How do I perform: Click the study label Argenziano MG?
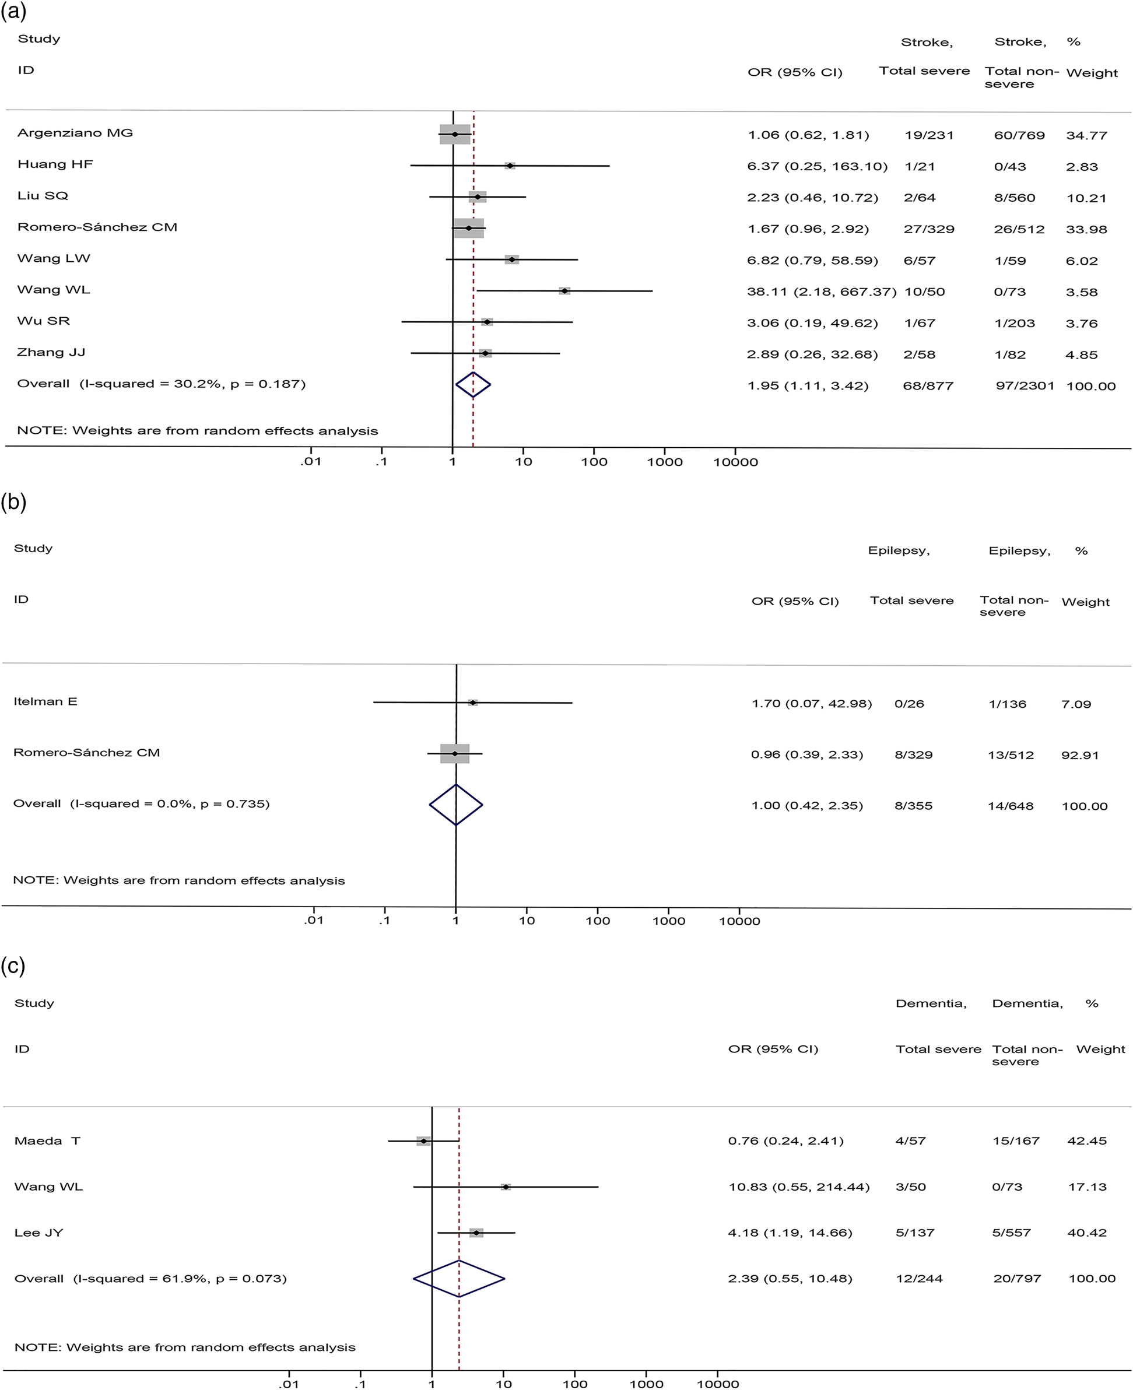75,133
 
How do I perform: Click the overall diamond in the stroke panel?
473,385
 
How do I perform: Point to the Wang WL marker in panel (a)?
564,291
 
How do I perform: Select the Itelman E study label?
45,701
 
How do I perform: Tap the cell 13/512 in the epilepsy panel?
1011,755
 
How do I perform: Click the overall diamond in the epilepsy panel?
455,805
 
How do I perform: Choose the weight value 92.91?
1080,755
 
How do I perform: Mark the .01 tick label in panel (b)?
313,921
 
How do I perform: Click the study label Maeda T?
47,1140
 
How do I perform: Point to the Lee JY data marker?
477,1233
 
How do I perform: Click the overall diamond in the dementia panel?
459,1279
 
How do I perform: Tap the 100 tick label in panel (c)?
575,1384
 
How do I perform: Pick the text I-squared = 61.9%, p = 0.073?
180,1279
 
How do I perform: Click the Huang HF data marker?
510,166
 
